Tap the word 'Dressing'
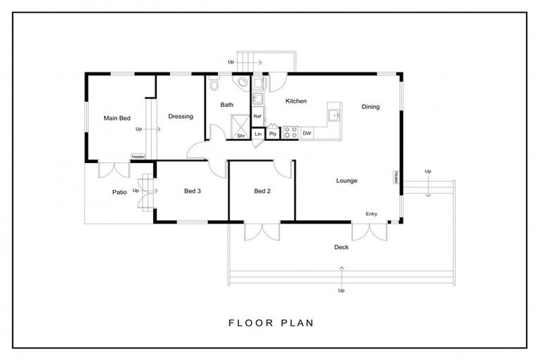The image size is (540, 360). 181,117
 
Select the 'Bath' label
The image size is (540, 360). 226,105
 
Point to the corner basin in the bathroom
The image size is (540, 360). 242,83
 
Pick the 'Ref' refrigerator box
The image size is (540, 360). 257,117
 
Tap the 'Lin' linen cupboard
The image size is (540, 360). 258,133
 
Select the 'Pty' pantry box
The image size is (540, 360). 273,133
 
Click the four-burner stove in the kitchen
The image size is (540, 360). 290,132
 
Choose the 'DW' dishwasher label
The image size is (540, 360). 307,133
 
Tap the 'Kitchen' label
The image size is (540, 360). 296,101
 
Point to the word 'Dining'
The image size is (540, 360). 371,107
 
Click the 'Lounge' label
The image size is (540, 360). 346,181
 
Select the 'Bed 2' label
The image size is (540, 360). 263,191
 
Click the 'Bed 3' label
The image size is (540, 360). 193,191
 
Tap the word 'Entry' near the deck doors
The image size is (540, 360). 371,214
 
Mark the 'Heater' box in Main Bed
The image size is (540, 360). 138,157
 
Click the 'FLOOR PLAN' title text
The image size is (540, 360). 271,323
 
